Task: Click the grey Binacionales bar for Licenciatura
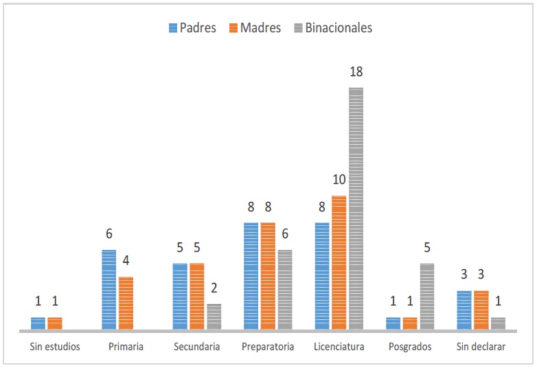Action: tap(356, 209)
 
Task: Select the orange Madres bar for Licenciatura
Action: tap(339, 263)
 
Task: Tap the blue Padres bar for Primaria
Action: tap(109, 290)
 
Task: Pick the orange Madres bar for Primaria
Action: tap(126, 303)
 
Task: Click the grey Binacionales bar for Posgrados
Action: tap(427, 297)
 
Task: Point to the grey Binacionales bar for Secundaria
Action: tap(214, 317)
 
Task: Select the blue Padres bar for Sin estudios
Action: tap(38, 323)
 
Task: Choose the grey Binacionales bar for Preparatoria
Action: tap(285, 290)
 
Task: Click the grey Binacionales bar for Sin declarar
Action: tap(498, 323)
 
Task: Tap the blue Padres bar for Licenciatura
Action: tap(322, 276)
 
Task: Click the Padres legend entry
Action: tap(192, 27)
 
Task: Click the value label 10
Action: tap(339, 181)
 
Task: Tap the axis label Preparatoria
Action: tap(268, 347)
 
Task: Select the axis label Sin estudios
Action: tap(55, 347)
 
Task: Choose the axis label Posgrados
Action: tap(410, 347)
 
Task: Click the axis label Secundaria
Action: tap(197, 347)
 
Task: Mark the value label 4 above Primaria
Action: tap(126, 262)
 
